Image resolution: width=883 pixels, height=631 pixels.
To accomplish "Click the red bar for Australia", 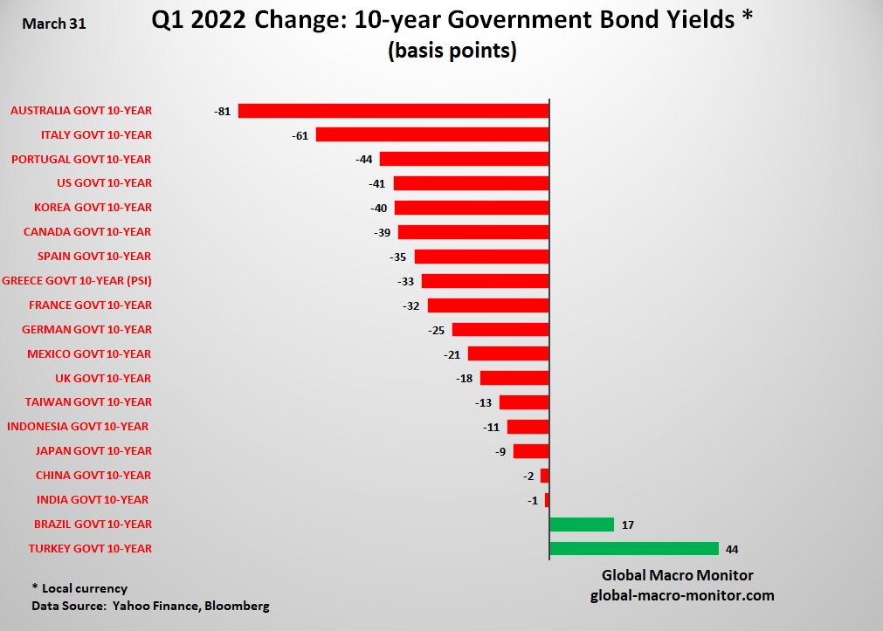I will [393, 111].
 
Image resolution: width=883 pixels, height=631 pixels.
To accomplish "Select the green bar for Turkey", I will [634, 548].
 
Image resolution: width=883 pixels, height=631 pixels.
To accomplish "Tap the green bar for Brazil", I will [582, 524].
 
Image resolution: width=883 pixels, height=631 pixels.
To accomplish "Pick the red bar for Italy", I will [432, 134].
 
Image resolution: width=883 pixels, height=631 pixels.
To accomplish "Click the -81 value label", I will [222, 111].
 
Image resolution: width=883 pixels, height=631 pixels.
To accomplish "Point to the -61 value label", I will [300, 135].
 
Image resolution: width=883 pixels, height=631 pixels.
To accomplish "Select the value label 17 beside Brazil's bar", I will [627, 525].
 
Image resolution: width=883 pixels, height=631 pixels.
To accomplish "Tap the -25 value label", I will [437, 330].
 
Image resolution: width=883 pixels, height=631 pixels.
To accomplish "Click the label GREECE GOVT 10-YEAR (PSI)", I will [77, 281].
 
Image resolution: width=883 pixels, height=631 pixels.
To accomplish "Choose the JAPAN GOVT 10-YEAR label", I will [93, 451].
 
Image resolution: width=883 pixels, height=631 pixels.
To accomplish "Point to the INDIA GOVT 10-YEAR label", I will [92, 500].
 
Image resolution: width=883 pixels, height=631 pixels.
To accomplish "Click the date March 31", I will [53, 23].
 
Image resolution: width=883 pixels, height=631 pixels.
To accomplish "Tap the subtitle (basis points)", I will [452, 51].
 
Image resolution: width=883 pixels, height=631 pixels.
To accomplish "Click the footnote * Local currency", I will [79, 588].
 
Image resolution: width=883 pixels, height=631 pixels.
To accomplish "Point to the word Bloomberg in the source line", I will [237, 605].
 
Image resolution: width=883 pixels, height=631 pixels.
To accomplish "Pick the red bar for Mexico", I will [508, 353].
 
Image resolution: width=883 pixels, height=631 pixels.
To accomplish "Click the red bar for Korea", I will [472, 208].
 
